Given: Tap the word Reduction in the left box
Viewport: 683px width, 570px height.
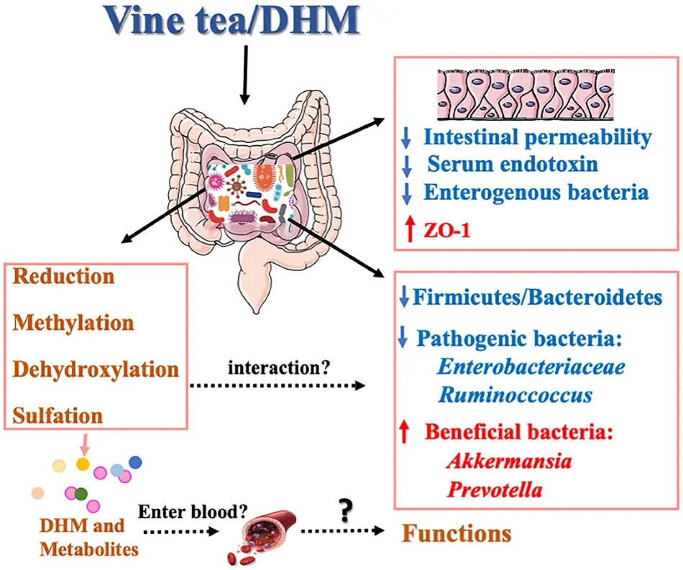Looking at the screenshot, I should tap(64, 276).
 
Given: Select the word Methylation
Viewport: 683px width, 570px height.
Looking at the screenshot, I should tap(73, 322).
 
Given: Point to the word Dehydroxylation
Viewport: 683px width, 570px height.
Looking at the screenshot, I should tap(95, 369).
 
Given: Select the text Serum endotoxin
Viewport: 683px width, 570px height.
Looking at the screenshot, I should tap(512, 164).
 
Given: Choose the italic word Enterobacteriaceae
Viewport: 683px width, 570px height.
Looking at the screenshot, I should tap(531, 367).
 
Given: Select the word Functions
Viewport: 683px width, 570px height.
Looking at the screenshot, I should tap(456, 534).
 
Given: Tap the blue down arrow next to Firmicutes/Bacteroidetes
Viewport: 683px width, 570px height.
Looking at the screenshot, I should tap(404, 297).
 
